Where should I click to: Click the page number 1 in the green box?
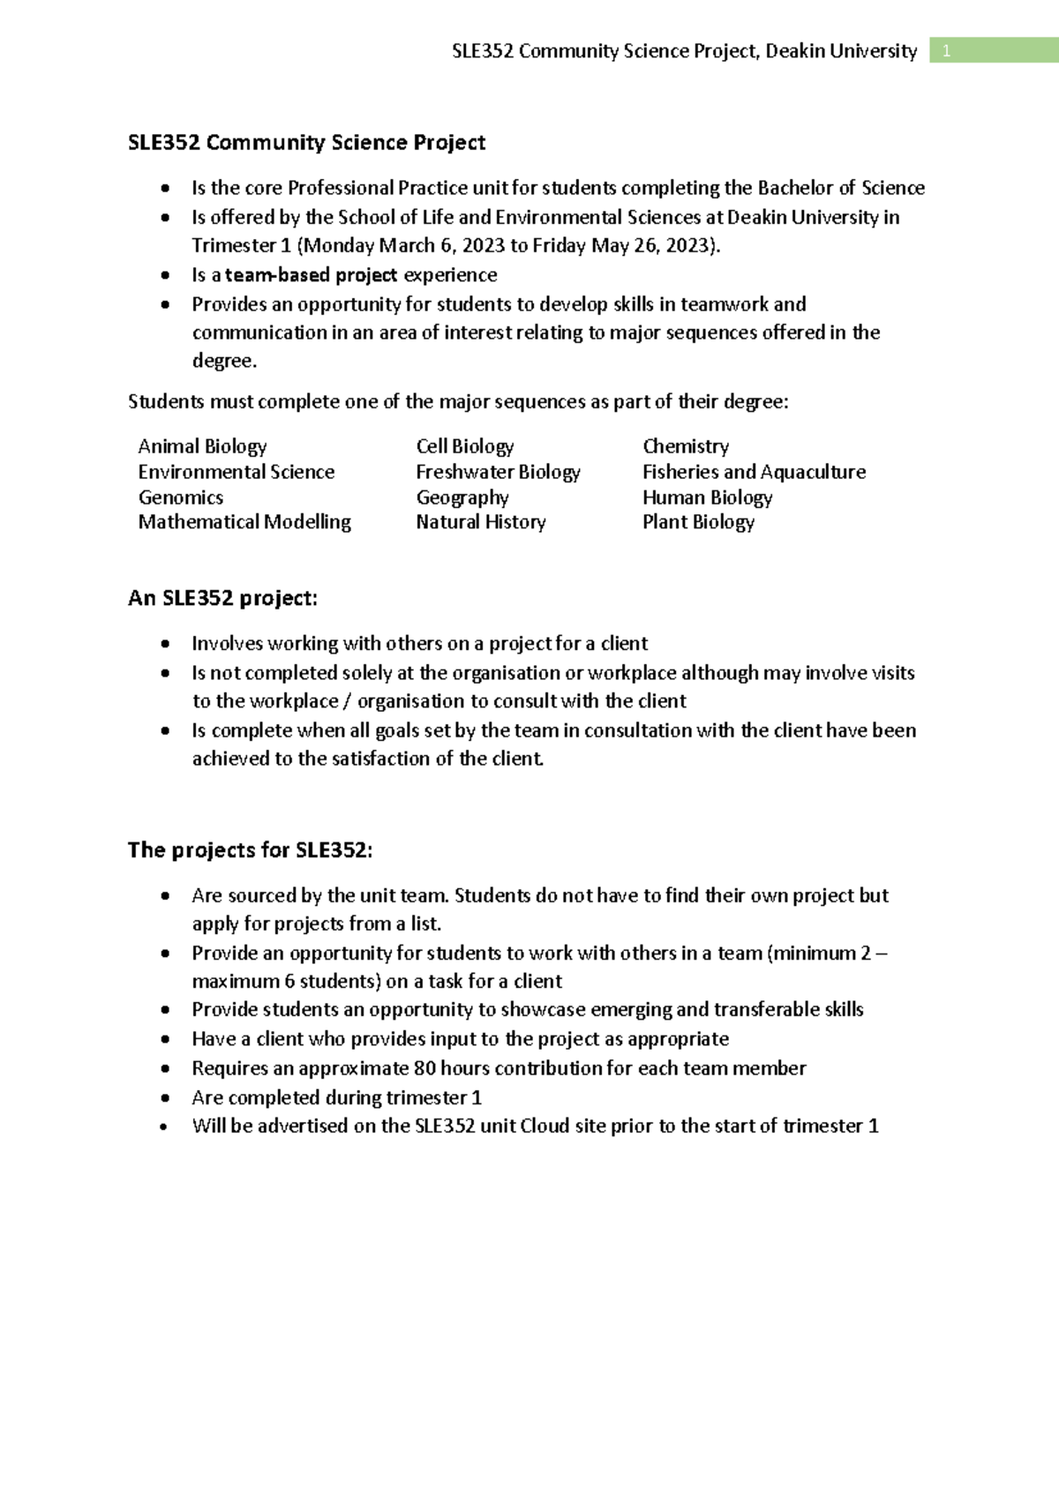(x=946, y=51)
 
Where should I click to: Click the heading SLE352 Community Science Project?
(x=306, y=143)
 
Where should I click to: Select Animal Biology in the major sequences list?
(x=202, y=446)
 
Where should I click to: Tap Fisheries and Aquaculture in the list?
(x=754, y=472)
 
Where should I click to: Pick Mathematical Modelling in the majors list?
(x=244, y=522)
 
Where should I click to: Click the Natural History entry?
(x=481, y=522)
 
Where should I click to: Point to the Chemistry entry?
(x=686, y=446)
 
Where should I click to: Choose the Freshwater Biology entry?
(x=498, y=472)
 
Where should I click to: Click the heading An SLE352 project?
(x=222, y=599)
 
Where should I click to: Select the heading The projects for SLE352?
(x=250, y=850)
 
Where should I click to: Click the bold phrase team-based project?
(x=311, y=275)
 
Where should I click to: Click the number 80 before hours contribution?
(x=424, y=1068)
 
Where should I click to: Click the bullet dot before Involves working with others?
(x=165, y=644)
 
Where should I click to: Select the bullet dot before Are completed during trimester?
(x=165, y=1098)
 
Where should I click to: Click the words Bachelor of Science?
(x=841, y=188)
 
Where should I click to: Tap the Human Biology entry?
(x=707, y=497)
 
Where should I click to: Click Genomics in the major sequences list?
(x=181, y=497)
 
